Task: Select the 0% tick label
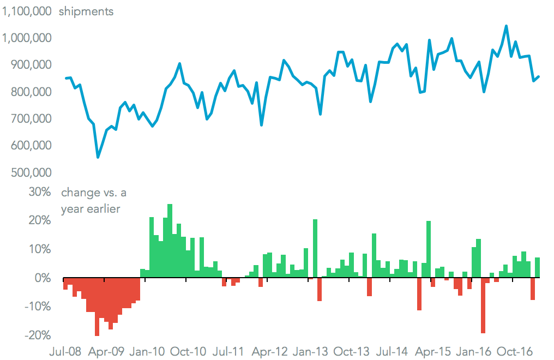pos(43,278)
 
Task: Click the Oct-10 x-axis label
pos(187,351)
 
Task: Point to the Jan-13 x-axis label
pos(308,351)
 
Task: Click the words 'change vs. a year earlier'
pos(94,200)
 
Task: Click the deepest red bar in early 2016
pos(483,305)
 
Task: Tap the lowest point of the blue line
pos(98,157)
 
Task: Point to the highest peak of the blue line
pos(506,26)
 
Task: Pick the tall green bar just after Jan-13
pos(315,248)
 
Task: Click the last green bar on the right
pos(537,267)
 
